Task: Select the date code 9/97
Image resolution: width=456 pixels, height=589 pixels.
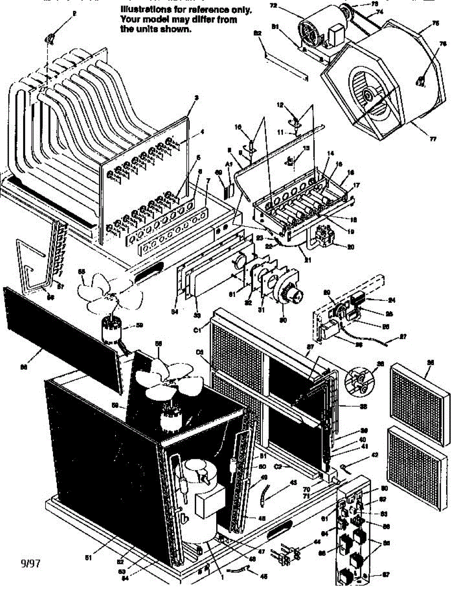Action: click(x=29, y=562)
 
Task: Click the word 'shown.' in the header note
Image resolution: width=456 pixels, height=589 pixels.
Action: click(x=177, y=29)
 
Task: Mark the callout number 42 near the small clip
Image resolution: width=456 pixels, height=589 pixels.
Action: click(x=375, y=455)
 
